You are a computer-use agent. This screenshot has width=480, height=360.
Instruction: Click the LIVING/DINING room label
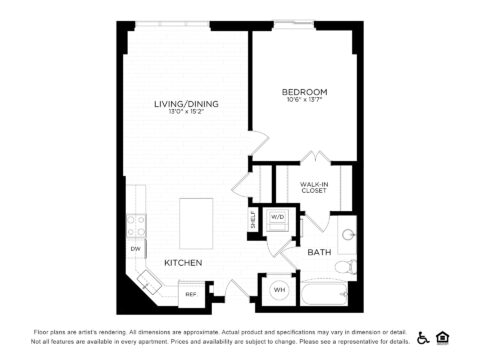pos(186,104)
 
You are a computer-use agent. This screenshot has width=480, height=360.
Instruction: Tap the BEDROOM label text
pos(304,92)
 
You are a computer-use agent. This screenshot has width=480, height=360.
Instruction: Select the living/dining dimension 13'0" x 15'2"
pos(186,113)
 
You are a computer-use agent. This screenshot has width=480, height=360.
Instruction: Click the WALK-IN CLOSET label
pos(314,186)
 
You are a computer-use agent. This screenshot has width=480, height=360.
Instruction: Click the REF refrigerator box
pos(191,294)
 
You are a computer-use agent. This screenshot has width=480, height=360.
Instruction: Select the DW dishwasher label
pos(134,248)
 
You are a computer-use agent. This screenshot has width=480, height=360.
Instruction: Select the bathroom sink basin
pos(347,235)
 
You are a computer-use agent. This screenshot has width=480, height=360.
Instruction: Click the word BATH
pos(320,253)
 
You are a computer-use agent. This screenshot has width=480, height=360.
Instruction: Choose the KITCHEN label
pos(184,263)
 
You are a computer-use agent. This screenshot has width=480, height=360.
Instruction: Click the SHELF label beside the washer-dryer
pos(253,219)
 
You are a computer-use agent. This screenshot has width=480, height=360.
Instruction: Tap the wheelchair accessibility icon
pos(423,337)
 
